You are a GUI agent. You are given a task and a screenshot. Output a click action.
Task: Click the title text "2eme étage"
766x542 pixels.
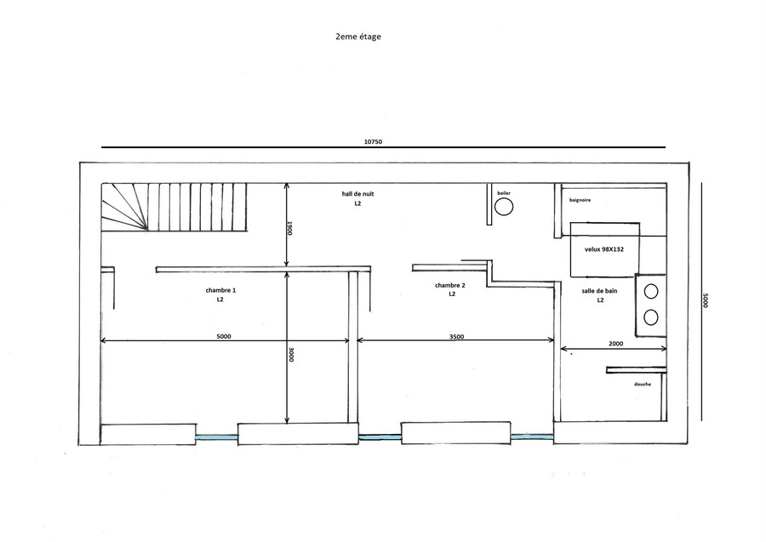coord(358,37)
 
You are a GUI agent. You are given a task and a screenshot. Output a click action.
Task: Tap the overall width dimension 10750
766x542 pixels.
coord(373,142)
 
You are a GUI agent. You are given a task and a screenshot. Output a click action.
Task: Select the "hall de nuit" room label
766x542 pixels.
coord(357,194)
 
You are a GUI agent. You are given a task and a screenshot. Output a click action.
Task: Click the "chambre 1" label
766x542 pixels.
coord(220,290)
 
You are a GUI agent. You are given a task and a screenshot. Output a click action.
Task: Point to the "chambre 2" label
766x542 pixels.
coord(450,285)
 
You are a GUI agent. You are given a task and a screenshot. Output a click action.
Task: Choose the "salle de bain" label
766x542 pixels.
coord(599,290)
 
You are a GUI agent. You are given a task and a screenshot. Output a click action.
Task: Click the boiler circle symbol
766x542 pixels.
coord(504,207)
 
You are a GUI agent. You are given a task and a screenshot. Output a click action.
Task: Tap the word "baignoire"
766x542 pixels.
coord(580,200)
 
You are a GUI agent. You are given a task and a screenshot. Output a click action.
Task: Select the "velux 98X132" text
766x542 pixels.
coord(604,249)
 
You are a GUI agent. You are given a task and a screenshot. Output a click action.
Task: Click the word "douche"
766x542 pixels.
coord(643,385)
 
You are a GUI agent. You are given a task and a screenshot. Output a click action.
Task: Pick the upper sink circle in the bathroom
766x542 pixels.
coord(651,292)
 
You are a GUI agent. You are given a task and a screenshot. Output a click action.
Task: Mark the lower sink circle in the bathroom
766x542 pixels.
coord(651,317)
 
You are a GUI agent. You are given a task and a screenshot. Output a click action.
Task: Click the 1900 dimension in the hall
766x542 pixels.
coord(289,228)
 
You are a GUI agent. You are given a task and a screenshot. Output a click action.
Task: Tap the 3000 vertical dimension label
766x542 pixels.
coord(291,354)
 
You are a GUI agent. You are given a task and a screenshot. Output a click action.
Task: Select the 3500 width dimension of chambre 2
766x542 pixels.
coord(457,336)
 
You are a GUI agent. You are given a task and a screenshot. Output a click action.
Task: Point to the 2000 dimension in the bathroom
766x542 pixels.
coord(615,343)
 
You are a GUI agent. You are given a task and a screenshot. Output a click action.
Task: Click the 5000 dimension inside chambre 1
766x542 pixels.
coord(223,336)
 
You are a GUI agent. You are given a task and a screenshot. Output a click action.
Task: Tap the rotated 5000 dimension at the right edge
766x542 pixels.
coord(705,300)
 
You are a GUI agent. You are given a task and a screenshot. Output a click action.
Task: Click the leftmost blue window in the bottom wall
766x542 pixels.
coord(217,438)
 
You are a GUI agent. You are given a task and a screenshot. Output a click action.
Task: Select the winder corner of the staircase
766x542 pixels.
coord(124,207)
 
